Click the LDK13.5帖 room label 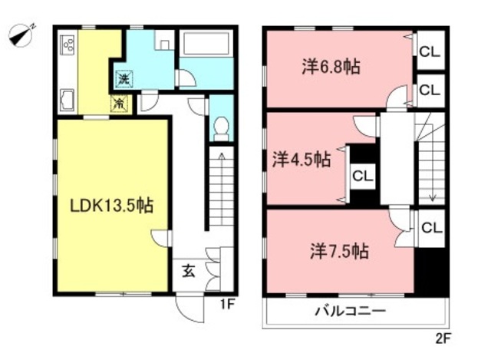coord(111,206)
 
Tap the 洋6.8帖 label coord(331,67)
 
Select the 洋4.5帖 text coord(302,160)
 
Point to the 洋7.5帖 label coord(339,251)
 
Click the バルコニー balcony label coord(351,311)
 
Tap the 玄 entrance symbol coord(189,270)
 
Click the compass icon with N coord(21,36)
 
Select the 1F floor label coord(227,304)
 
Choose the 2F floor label coord(443,339)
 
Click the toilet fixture coord(222,129)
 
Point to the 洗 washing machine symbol coord(124,78)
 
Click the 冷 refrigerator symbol coord(120,104)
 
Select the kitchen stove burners coord(68,44)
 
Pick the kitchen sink coord(68,101)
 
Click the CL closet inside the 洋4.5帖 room coord(363,177)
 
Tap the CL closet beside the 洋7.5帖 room coord(431,228)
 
